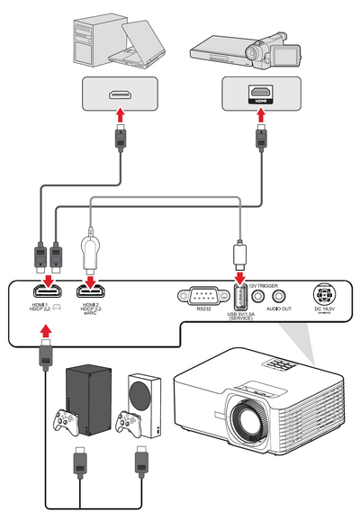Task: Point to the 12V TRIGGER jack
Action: [259, 293]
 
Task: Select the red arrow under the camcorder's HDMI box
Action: [260, 117]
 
